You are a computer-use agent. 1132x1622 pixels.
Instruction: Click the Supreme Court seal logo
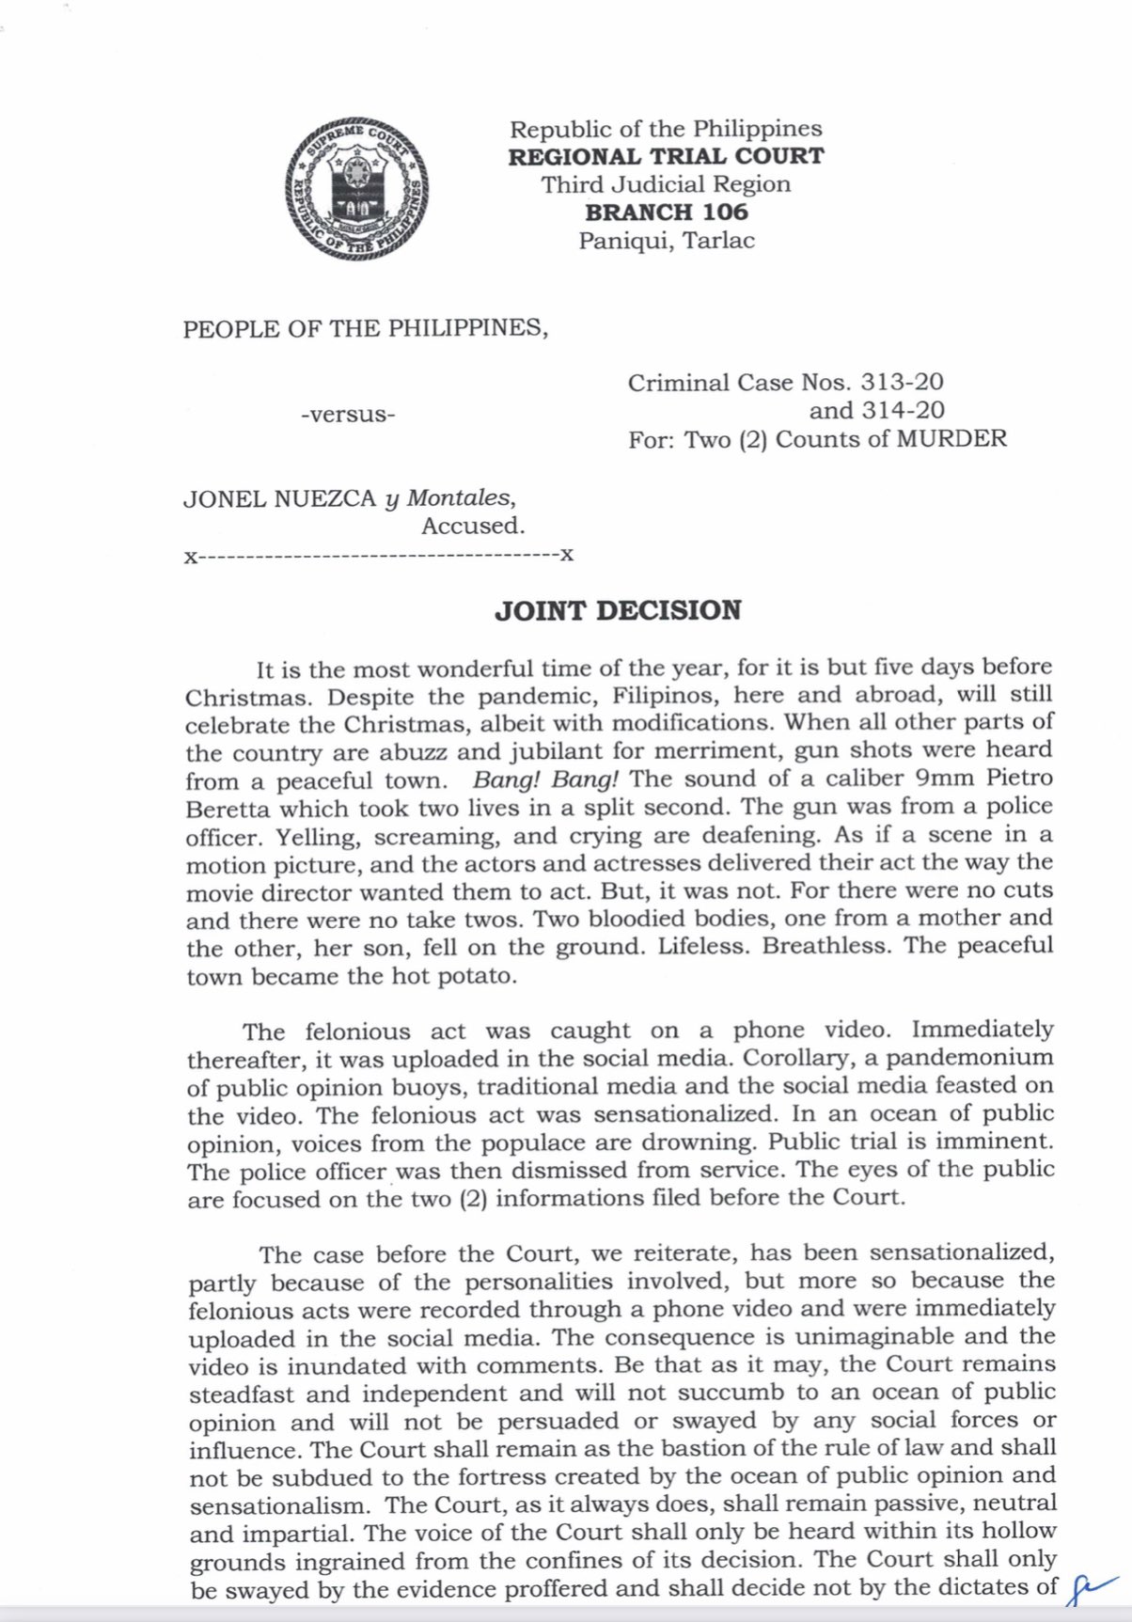coord(356,190)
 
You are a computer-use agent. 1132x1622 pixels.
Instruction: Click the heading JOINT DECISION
coord(618,611)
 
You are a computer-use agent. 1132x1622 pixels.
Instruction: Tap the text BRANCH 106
coord(666,213)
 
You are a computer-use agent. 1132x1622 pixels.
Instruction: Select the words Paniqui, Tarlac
coord(666,241)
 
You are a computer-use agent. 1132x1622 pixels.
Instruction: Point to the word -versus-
coord(348,415)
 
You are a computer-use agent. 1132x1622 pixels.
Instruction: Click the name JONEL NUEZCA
coord(279,498)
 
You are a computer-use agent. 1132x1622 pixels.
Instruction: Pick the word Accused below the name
coord(472,527)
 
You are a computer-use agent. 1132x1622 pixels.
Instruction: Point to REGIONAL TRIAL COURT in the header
coord(666,157)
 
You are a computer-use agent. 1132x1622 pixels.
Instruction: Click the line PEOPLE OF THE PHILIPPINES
coord(365,329)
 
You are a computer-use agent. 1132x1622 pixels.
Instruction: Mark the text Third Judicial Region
coord(666,184)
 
